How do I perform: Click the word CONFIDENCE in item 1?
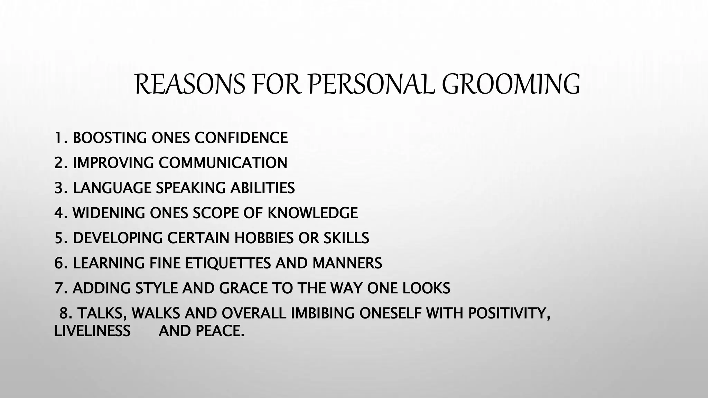click(241, 138)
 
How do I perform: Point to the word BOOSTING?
click(110, 138)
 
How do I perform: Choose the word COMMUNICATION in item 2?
click(223, 163)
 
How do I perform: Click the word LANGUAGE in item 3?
click(112, 188)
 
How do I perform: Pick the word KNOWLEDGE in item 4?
click(313, 213)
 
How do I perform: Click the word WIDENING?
click(109, 213)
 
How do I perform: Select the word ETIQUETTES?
click(228, 263)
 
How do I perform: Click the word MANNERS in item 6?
click(347, 263)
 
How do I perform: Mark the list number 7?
click(58, 288)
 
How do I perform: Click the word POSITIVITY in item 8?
click(509, 313)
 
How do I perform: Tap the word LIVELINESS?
click(92, 331)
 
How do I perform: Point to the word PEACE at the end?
click(220, 331)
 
